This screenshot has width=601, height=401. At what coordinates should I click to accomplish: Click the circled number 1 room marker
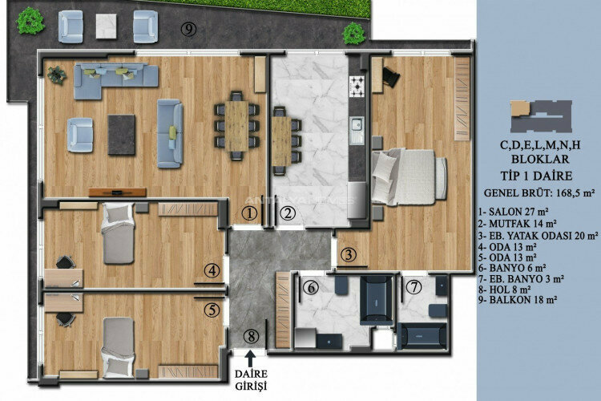250,213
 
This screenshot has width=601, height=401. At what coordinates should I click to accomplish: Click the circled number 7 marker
413,286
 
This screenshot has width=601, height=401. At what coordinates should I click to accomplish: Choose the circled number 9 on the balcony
189,30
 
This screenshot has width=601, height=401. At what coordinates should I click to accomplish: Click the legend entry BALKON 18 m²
526,299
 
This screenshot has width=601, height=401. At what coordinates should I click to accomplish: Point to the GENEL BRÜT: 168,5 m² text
540,193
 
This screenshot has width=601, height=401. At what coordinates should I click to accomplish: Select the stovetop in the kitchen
357,85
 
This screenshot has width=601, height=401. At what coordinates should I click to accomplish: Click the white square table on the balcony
107,27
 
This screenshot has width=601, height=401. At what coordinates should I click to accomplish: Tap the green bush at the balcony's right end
352,33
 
